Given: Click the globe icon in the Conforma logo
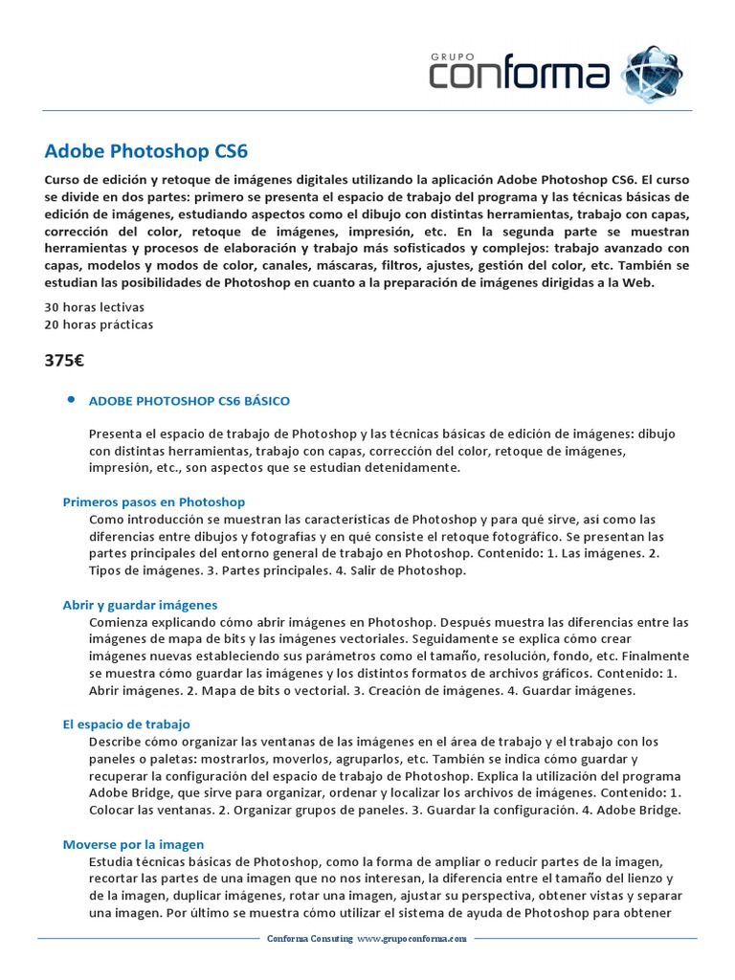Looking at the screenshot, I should pos(653,73).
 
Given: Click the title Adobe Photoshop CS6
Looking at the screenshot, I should pos(146,151).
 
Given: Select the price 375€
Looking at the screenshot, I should pos(65,361).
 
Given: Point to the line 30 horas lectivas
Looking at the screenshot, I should pos(94,306).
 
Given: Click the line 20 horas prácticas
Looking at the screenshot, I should pos(99,324).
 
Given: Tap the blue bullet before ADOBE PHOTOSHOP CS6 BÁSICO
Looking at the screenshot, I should pos(72,399).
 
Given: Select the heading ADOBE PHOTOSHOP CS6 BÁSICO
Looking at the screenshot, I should pos(189,400).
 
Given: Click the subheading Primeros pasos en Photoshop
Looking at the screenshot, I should pos(154,501).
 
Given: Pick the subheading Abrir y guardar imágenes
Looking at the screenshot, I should pos(140,605).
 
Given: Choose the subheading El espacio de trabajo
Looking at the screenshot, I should pos(126,724).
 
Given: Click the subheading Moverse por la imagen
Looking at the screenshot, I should pos(133,844).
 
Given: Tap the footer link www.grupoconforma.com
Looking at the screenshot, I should pos(412,940).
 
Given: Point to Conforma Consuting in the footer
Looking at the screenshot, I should pos(310,940).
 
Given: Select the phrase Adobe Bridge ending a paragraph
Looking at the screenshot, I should pos(640,810).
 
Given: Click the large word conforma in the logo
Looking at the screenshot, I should pos(520,74).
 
